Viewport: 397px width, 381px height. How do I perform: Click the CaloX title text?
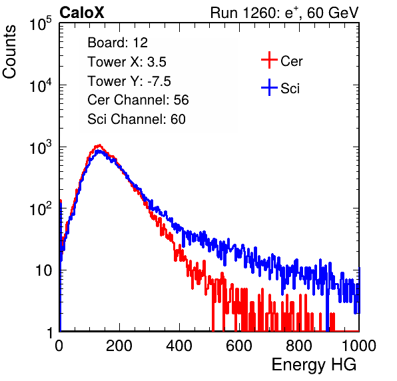click(82, 13)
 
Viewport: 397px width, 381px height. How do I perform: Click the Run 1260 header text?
click(284, 13)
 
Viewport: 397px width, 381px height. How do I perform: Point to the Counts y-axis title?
click(9, 52)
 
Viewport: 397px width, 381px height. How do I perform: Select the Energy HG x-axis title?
click(314, 365)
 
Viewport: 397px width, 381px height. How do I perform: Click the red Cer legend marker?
click(269, 60)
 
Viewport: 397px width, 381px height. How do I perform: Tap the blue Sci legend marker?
click(269, 87)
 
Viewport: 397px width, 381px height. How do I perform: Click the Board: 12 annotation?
click(117, 43)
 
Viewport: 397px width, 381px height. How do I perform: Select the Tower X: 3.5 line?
click(127, 62)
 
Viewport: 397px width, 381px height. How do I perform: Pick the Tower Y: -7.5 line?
click(129, 81)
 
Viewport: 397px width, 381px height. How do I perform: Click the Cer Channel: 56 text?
click(138, 100)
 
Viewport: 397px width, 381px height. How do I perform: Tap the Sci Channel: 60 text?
click(137, 119)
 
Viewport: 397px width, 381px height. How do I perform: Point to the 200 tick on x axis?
click(119, 346)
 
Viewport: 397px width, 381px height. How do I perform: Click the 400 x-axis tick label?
click(179, 346)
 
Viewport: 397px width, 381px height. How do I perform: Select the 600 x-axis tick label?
click(239, 346)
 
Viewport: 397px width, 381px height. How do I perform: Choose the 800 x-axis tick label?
click(299, 346)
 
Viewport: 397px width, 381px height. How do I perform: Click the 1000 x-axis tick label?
click(359, 346)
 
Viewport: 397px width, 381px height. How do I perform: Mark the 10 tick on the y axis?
click(44, 270)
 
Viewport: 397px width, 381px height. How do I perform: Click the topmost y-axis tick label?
click(41, 24)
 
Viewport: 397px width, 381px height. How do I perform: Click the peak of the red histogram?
click(99, 145)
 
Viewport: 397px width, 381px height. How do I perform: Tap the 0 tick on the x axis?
click(59, 346)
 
